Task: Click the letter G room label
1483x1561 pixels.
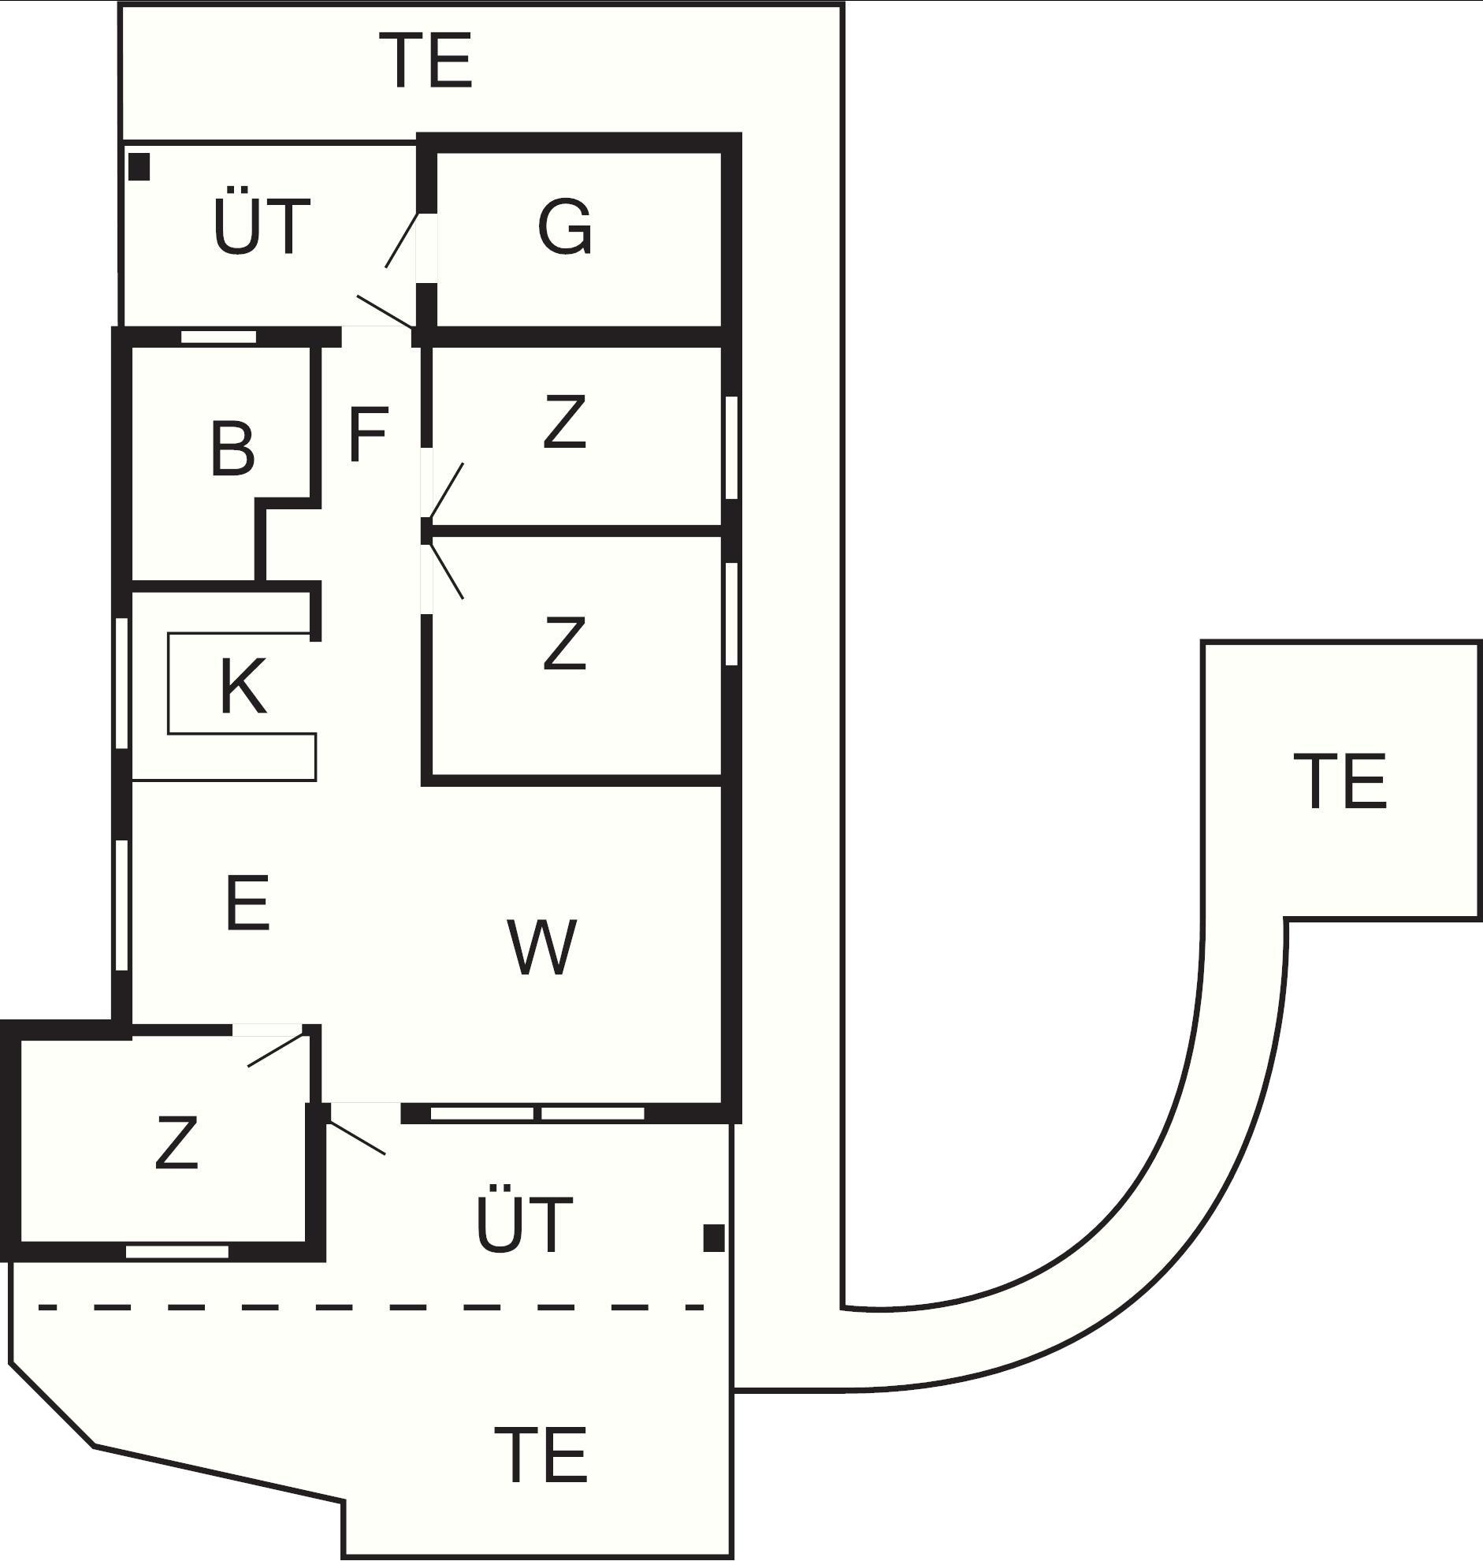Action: tap(564, 226)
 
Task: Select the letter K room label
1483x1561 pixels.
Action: tap(242, 686)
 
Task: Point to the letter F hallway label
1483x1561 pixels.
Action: tap(367, 434)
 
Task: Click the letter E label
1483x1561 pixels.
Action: tap(247, 902)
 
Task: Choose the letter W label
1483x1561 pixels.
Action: tap(541, 946)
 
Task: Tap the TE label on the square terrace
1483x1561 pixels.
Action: tap(1340, 781)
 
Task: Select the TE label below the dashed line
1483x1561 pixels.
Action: tap(541, 1455)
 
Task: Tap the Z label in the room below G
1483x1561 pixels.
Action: tap(564, 423)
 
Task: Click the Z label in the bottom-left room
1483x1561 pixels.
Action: tap(177, 1142)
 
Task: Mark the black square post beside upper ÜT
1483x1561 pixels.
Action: tap(139, 167)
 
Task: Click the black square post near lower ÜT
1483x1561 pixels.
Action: tap(714, 1238)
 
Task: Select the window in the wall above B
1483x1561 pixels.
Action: tap(219, 337)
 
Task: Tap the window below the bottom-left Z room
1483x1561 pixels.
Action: tap(178, 1251)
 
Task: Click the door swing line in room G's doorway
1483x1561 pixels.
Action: tap(401, 240)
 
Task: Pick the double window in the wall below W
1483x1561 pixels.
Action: tap(537, 1113)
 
